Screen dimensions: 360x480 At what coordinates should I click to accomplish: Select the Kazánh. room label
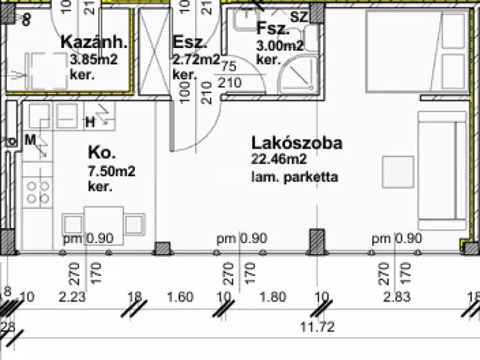(94, 42)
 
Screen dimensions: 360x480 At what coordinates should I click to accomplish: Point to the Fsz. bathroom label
(271, 30)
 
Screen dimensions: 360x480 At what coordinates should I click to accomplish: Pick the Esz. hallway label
(184, 42)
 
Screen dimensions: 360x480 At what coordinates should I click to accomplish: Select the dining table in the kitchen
(103, 223)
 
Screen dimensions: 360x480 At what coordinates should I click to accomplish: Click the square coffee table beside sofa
(397, 170)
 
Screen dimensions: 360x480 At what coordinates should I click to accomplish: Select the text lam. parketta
(295, 177)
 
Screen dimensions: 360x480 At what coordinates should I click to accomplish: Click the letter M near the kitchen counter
(31, 139)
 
